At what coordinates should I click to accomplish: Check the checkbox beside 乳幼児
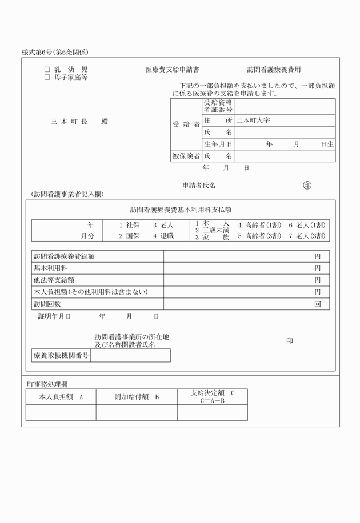click(47, 70)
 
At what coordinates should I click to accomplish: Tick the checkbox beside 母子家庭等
click(47, 77)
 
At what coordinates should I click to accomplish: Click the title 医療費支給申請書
click(172, 70)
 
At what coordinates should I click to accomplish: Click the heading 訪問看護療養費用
click(274, 70)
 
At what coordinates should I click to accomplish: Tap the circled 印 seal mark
click(307, 185)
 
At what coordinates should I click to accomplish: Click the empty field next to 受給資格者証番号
click(285, 106)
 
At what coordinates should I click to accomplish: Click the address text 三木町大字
click(253, 120)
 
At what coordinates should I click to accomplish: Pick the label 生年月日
click(218, 144)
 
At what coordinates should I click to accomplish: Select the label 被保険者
click(186, 156)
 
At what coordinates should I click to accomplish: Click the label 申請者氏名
click(199, 186)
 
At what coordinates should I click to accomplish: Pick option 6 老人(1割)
click(307, 225)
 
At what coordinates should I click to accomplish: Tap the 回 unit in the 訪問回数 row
click(317, 304)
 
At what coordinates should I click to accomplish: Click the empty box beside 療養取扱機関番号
click(130, 355)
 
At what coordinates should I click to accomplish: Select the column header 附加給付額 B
click(137, 396)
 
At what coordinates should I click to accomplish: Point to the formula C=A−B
click(213, 401)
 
